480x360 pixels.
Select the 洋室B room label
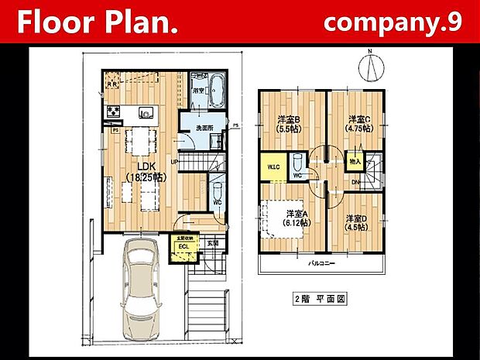[289, 120]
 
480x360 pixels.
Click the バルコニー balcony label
[321, 264]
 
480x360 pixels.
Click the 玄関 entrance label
[211, 243]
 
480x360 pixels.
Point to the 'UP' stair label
[173, 162]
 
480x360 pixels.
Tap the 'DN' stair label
[355, 183]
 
